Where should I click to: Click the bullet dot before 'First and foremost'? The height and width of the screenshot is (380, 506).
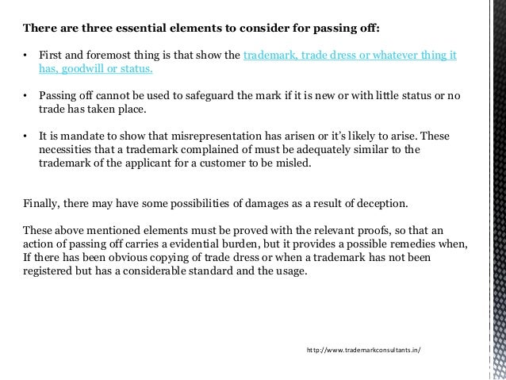point(26,56)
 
